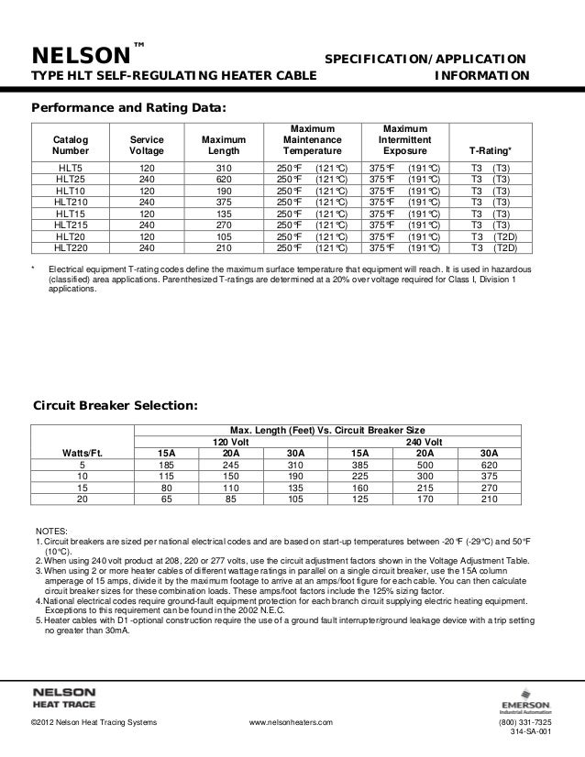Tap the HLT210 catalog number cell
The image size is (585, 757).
[x=72, y=202]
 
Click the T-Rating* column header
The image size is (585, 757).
[x=491, y=148]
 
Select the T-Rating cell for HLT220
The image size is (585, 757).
[x=491, y=246]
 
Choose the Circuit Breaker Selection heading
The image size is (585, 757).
[x=114, y=404]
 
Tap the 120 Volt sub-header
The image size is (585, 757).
[x=225, y=440]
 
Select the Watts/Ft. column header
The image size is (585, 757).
[x=82, y=452]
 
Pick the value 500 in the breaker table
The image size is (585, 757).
[x=425, y=464]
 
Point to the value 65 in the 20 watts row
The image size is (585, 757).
[x=167, y=499]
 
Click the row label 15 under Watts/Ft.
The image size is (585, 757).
[x=82, y=488]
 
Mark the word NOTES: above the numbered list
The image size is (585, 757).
[x=51, y=531]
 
